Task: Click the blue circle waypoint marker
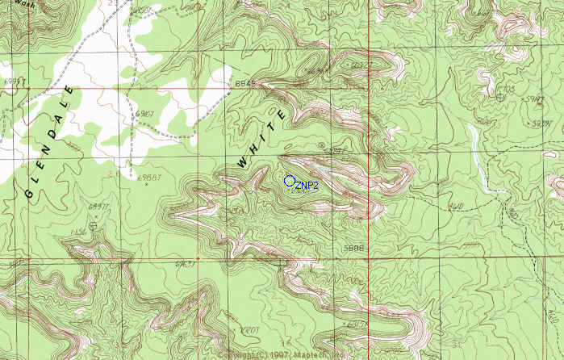coord(290,181)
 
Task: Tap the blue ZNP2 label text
coord(307,186)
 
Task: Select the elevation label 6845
coord(244,83)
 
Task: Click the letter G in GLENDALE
coord(29,194)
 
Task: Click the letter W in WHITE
coord(243,163)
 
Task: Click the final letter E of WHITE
coord(279,118)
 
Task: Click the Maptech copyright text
coord(282,354)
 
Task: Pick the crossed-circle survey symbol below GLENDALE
coord(94,227)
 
